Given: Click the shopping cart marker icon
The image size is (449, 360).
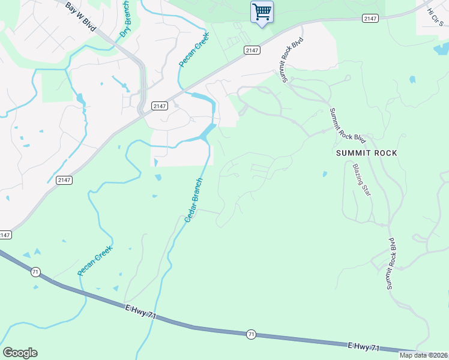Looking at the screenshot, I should [262, 11].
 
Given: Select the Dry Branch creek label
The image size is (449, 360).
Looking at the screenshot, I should [125, 20].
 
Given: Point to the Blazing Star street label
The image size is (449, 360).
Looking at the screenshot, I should [361, 180].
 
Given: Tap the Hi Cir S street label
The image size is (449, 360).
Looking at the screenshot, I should [435, 17].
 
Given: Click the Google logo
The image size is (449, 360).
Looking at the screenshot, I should [20, 353].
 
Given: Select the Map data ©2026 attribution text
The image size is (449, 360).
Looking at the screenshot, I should [423, 355].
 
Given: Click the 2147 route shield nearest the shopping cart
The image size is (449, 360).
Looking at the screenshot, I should [252, 50].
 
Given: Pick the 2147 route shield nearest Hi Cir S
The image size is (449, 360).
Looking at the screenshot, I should [370, 19].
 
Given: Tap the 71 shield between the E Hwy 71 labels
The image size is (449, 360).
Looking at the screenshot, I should [252, 334].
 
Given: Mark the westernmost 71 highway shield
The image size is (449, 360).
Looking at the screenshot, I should [36, 272].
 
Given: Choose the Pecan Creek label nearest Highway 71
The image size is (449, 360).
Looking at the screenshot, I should [95, 261].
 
